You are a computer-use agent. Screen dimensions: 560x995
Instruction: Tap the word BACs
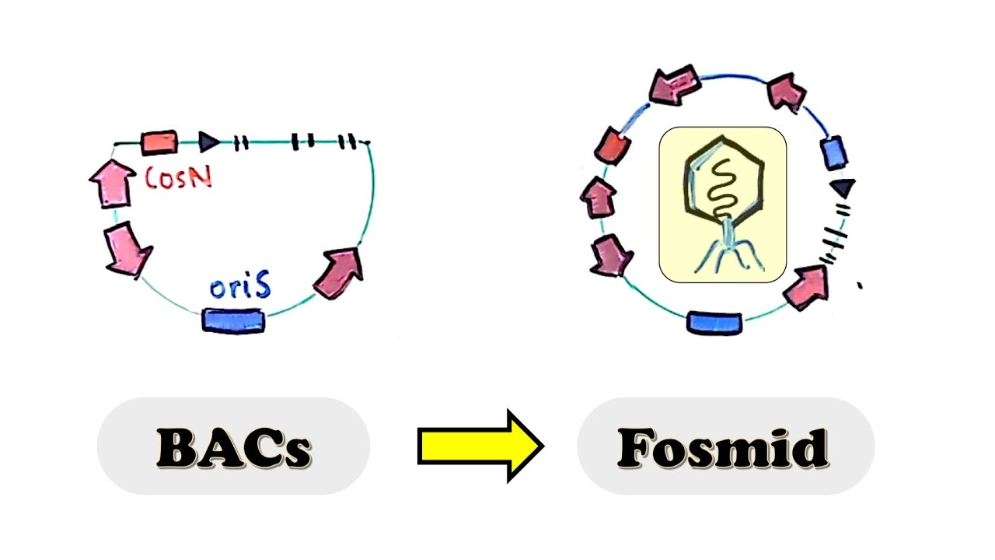pyautogui.click(x=233, y=447)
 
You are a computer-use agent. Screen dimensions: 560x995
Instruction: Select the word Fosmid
pyautogui.click(x=723, y=447)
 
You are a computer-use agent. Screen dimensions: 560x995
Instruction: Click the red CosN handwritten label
pyautogui.click(x=179, y=177)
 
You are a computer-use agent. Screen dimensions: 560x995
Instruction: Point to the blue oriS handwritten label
pyautogui.click(x=240, y=288)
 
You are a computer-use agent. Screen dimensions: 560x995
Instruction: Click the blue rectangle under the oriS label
pyautogui.click(x=233, y=320)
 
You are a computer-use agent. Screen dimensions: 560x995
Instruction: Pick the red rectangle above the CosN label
pyautogui.click(x=159, y=142)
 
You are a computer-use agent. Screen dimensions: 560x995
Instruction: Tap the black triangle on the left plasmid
pyautogui.click(x=208, y=141)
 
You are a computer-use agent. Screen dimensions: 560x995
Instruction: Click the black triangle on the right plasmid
pyautogui.click(x=843, y=187)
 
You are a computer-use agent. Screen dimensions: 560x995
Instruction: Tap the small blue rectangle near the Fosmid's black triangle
pyautogui.click(x=833, y=152)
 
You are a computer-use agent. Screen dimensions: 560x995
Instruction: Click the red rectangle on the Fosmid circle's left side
pyautogui.click(x=611, y=145)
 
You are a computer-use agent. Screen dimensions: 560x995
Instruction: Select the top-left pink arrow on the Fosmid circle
pyautogui.click(x=673, y=86)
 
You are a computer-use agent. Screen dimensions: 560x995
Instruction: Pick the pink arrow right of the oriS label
pyautogui.click(x=339, y=272)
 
